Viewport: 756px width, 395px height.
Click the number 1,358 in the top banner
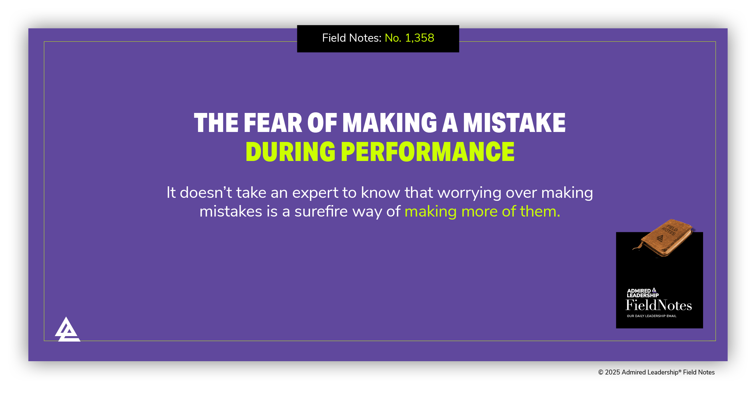[x=419, y=38]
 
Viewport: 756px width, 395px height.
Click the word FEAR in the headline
[x=273, y=123]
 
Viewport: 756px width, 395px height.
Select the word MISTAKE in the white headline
[x=514, y=123]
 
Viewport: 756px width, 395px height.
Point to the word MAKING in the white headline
[x=389, y=123]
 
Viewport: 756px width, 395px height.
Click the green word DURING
[x=290, y=152]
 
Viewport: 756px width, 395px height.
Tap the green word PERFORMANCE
[x=428, y=152]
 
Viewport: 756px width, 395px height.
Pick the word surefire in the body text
[x=321, y=211]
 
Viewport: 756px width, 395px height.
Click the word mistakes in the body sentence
[x=230, y=211]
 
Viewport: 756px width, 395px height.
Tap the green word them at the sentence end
[x=540, y=211]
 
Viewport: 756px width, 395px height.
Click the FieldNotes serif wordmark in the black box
[x=659, y=305]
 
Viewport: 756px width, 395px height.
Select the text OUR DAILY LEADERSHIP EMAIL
[x=651, y=316]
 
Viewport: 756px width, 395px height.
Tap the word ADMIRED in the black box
[x=639, y=291]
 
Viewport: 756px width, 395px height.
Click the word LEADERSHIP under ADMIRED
[x=643, y=295]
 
